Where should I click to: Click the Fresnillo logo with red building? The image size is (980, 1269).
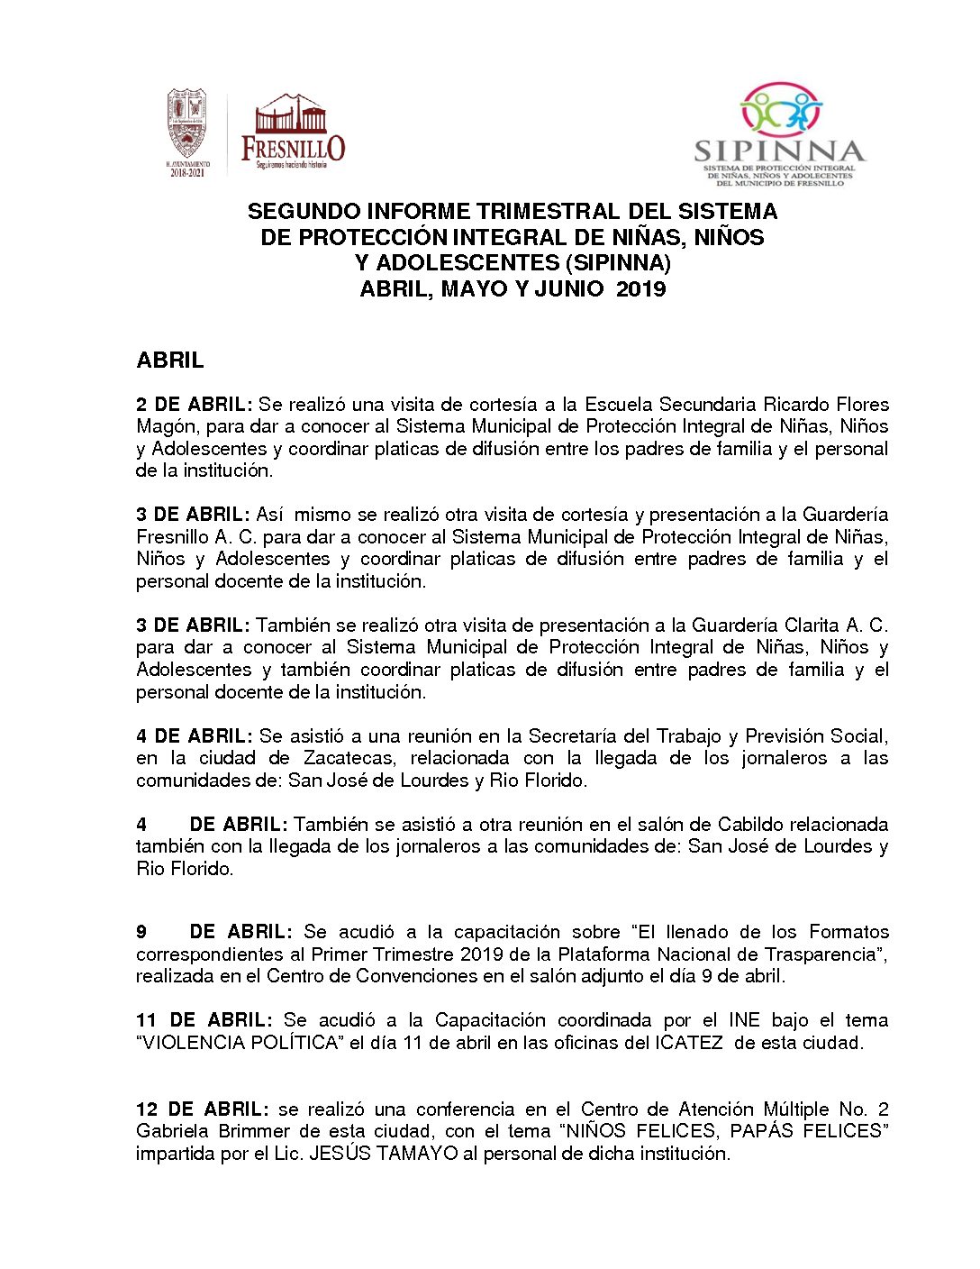(x=293, y=131)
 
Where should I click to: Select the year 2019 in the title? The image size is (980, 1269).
(x=641, y=289)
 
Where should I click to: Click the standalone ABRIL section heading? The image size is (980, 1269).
(x=170, y=361)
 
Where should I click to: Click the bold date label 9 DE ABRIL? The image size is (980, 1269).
(x=214, y=932)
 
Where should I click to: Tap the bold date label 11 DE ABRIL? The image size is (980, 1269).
(x=204, y=1020)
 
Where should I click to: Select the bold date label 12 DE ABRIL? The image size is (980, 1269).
(x=202, y=1109)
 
